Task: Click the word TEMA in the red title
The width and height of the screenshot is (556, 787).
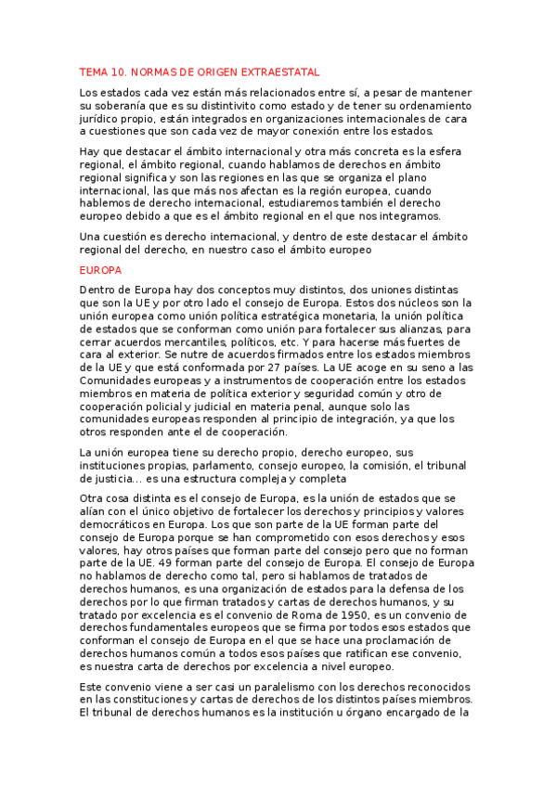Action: coord(94,71)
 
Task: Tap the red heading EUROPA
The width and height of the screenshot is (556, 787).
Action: coord(100,270)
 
